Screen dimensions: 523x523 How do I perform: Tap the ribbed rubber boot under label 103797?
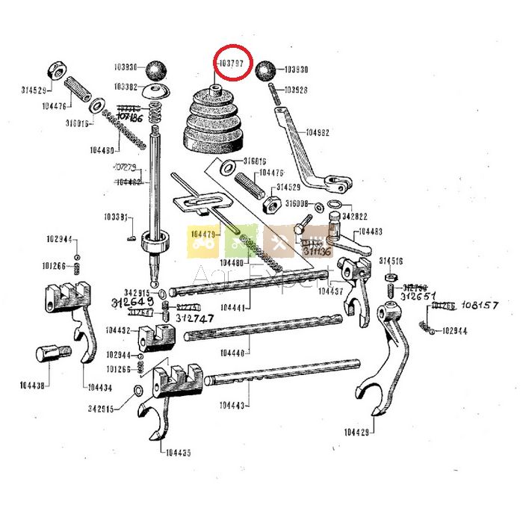pyautogui.click(x=215, y=123)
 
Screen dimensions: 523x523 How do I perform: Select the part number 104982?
pyautogui.click(x=318, y=134)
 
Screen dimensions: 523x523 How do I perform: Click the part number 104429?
pyautogui.click(x=359, y=432)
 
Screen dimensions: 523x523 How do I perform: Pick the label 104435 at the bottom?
pyautogui.click(x=178, y=452)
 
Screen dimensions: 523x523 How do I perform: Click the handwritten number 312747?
pyautogui.click(x=196, y=318)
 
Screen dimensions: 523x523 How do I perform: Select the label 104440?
pyautogui.click(x=236, y=353)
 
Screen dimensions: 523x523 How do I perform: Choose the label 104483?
pyautogui.click(x=371, y=232)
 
